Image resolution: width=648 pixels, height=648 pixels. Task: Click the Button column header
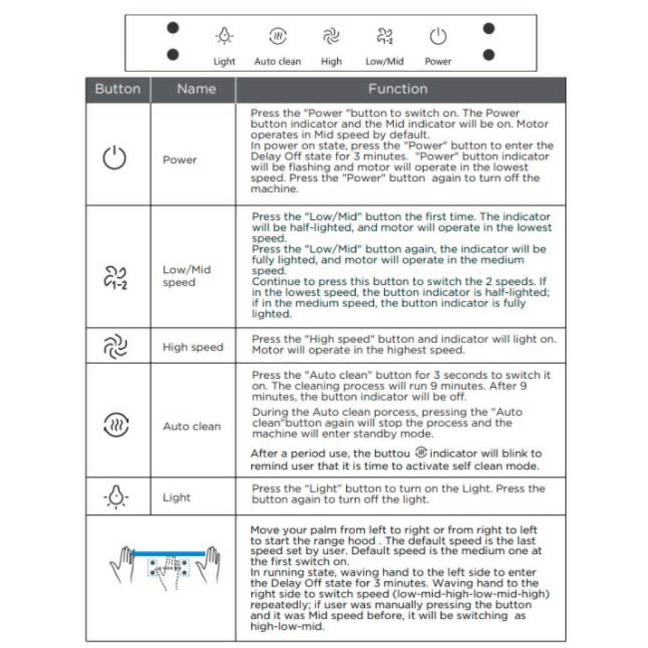click(118, 89)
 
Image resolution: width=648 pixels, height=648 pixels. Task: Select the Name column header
click(196, 89)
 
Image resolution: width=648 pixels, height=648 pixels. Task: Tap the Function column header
click(398, 89)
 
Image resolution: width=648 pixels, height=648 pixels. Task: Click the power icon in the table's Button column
click(115, 158)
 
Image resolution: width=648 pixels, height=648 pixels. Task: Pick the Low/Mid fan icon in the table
click(114, 277)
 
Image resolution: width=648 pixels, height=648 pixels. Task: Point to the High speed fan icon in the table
click(114, 347)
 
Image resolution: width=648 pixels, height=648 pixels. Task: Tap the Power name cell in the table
click(179, 160)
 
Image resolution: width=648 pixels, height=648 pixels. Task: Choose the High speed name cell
click(193, 347)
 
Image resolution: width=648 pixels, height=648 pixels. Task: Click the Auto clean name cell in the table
click(192, 427)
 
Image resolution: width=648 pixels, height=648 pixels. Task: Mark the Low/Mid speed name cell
click(187, 276)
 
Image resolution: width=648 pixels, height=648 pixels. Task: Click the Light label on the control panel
click(224, 61)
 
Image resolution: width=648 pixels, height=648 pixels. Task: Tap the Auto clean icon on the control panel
click(277, 37)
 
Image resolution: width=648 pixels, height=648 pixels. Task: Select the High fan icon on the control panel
click(331, 37)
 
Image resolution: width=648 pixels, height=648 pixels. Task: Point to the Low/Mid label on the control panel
click(385, 61)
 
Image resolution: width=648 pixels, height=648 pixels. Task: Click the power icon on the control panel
click(438, 37)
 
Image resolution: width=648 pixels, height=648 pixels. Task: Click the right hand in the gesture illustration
click(208, 565)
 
